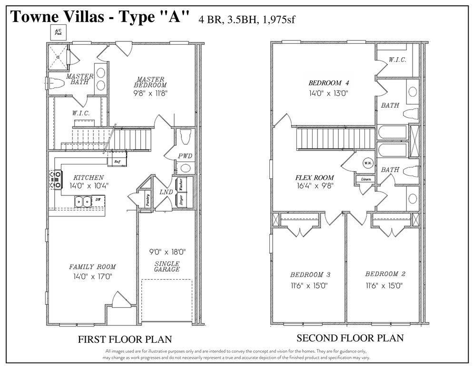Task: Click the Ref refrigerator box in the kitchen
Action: click(117, 162)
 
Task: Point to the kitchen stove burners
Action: click(55, 179)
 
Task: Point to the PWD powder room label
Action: click(185, 156)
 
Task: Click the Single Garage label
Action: click(167, 266)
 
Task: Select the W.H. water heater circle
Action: click(367, 162)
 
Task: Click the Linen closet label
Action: click(366, 179)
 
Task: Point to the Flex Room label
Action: click(314, 178)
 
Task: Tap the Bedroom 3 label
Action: click(310, 275)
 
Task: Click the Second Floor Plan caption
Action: click(350, 338)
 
